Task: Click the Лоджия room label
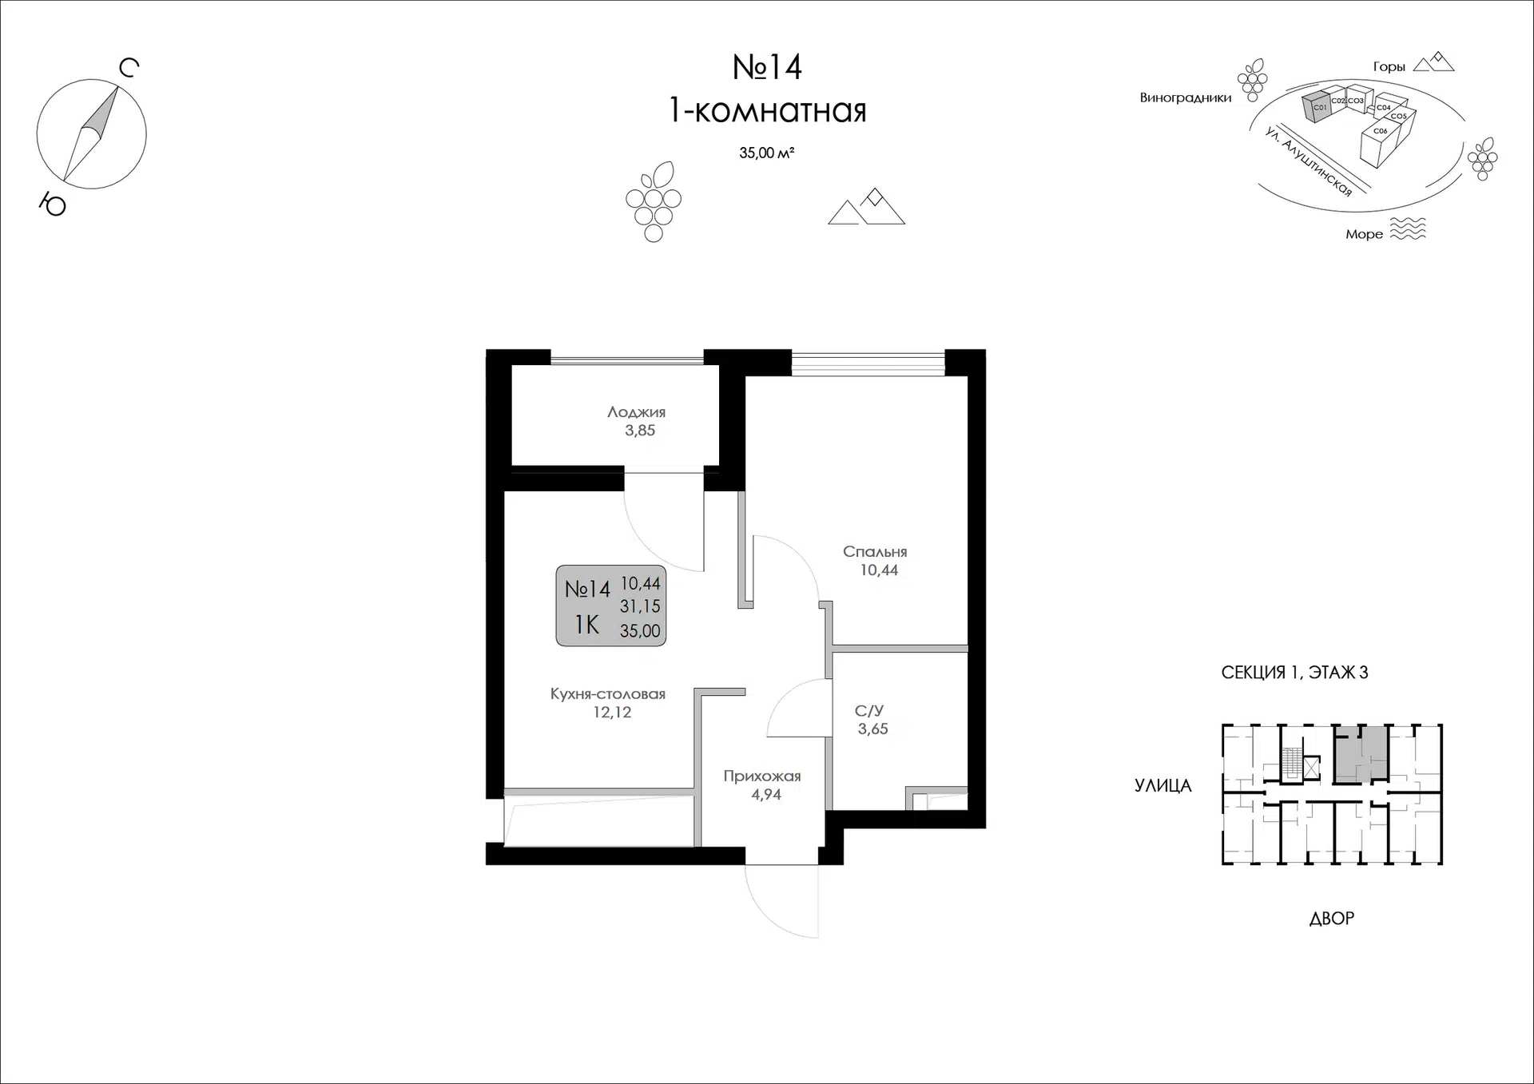pos(636,412)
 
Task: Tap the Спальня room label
pos(875,552)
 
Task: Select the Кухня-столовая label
pos(608,694)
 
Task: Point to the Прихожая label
pos(762,776)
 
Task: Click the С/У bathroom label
pos(868,710)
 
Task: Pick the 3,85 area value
pos(640,431)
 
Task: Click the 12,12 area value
pos(612,713)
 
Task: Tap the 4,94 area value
pos(766,795)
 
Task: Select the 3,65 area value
pos(872,729)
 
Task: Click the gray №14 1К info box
pos(611,606)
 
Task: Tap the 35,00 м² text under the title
pos(766,153)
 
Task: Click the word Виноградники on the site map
pos(1186,98)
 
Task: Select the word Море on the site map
pos(1364,234)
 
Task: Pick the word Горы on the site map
pos(1389,67)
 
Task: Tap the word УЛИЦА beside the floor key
pos(1162,786)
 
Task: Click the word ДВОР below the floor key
pos(1332,919)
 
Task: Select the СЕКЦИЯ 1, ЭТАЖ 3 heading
pos(1294,673)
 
